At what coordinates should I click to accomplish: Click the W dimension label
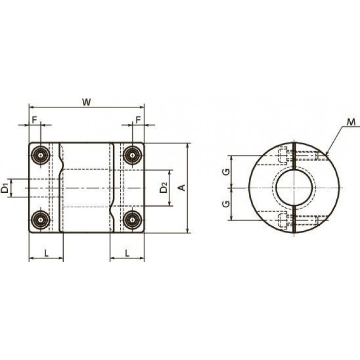pos(86,102)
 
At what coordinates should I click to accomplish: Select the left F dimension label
pos(34,120)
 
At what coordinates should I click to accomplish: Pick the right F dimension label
pos(138,120)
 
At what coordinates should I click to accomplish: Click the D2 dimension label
pos(164,188)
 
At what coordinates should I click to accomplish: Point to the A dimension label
pos(182,188)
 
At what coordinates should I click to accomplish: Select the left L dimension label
pos(46,253)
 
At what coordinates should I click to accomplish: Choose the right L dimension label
pos(127,253)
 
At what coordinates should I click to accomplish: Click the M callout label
pos(351,122)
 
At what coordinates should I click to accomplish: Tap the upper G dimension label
pos(226,172)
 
